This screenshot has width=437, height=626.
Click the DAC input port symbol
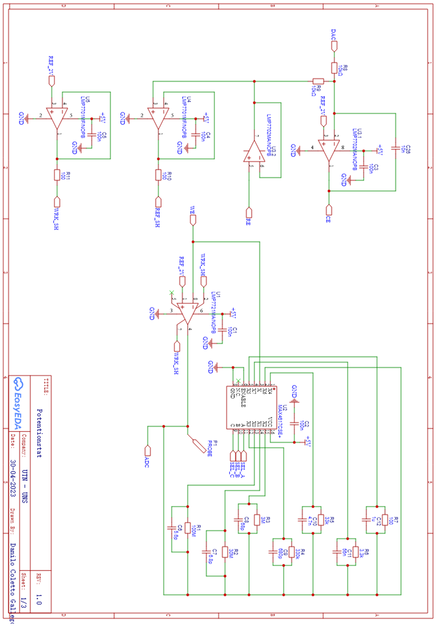(x=334, y=46)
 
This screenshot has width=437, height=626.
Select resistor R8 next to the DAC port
(x=334, y=68)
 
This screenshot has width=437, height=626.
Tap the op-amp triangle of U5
(x=58, y=118)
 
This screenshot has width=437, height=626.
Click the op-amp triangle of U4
(x=159, y=118)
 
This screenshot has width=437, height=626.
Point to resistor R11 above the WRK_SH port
(x=57, y=175)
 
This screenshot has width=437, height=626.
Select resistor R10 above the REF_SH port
(x=159, y=175)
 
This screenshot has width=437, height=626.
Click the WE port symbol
(x=193, y=220)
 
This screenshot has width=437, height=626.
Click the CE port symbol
(x=329, y=209)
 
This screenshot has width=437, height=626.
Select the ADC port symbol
(x=148, y=450)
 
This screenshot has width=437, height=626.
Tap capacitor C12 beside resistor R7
(x=366, y=520)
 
